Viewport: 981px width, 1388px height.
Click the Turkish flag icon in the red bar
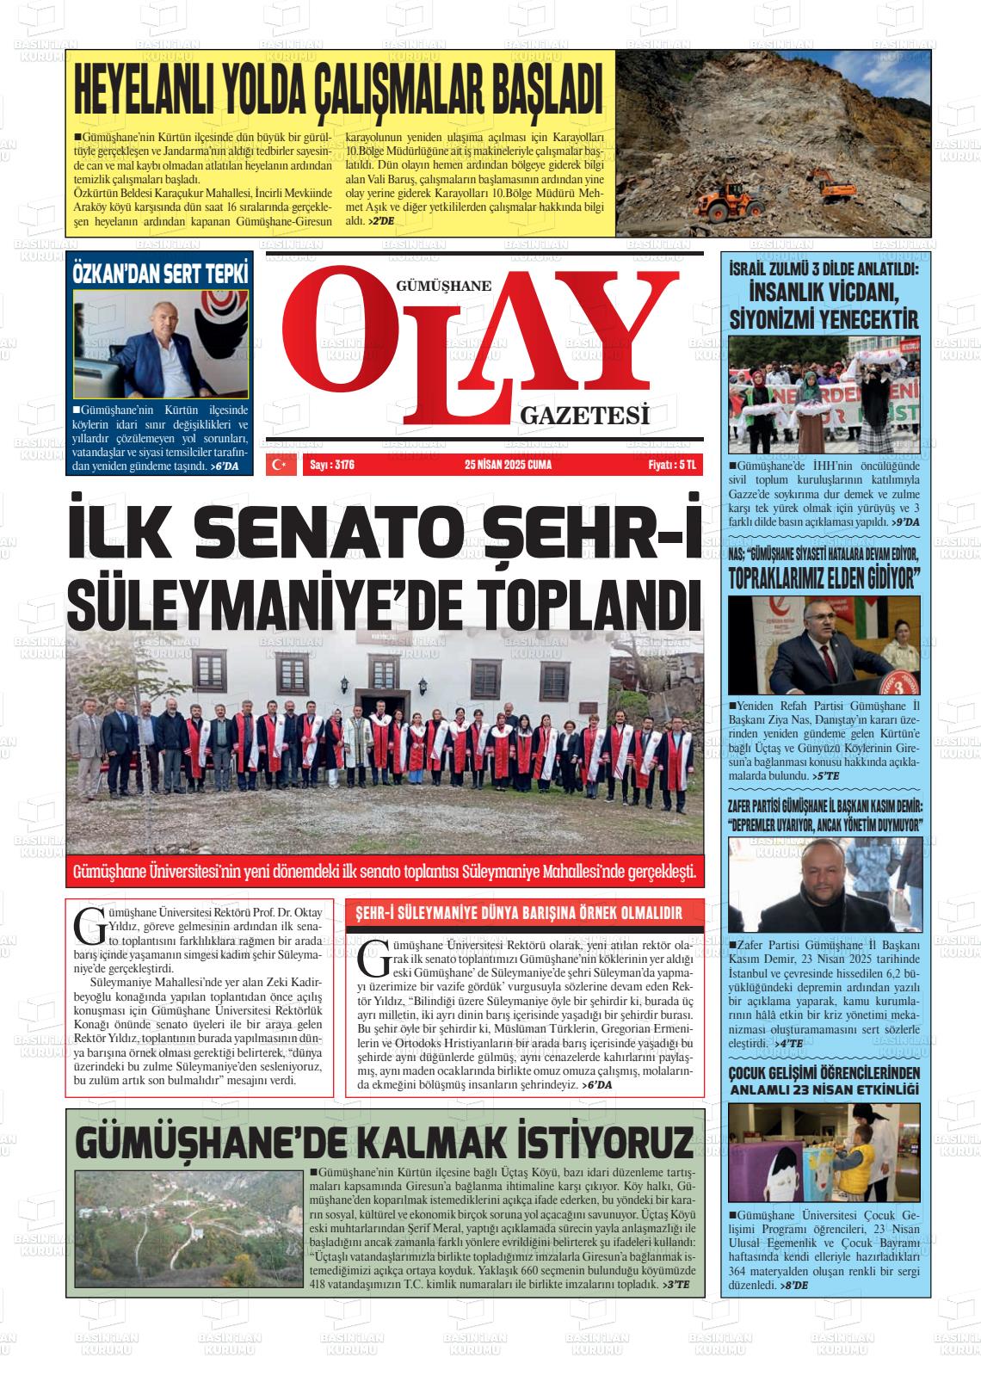pyautogui.click(x=280, y=465)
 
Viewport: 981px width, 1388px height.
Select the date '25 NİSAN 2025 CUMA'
pyautogui.click(x=508, y=465)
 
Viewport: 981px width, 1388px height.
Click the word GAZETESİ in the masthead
pyautogui.click(x=583, y=416)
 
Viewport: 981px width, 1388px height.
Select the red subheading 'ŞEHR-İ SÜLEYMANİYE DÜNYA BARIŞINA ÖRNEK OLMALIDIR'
pyautogui.click(x=519, y=914)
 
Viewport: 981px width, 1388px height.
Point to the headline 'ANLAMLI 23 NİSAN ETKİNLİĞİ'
pyautogui.click(x=824, y=1089)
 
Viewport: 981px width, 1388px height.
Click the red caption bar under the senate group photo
pyautogui.click(x=385, y=873)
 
